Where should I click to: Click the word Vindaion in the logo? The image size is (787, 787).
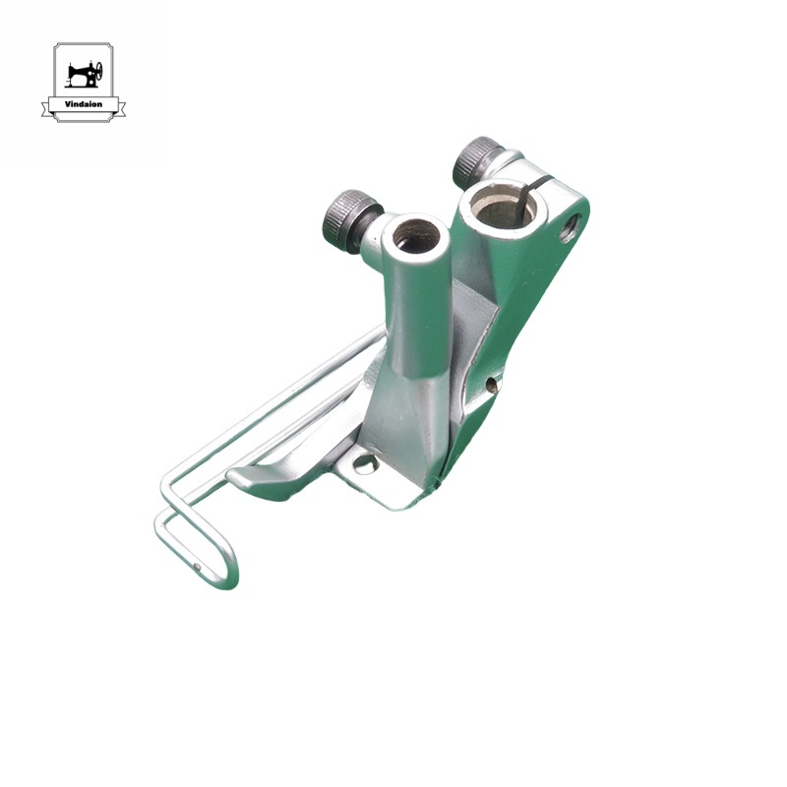pos(84,104)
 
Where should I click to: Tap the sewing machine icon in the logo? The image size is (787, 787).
pos(84,74)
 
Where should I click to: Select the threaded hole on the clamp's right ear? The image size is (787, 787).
pos(569,233)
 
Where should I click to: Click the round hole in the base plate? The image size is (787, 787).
pos(365,461)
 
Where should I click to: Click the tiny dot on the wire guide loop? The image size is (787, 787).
pos(197,566)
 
